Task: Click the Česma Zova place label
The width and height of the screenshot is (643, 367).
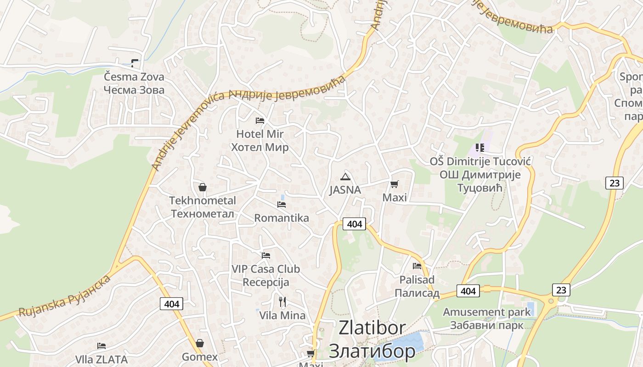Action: coord(134,83)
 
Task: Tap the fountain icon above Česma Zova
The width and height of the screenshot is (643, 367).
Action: coord(135,62)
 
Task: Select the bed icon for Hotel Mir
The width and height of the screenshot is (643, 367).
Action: coord(260,121)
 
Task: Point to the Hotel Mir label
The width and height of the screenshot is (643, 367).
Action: coord(260,140)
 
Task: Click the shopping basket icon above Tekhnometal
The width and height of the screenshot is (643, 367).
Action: coord(202,187)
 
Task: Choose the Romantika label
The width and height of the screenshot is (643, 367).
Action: coord(282,218)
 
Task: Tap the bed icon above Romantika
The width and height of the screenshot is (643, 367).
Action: coord(282,204)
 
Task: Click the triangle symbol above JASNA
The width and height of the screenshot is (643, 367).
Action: coord(345,177)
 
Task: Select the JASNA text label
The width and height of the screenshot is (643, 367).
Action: coord(345,190)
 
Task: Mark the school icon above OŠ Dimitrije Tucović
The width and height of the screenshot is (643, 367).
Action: coord(480,147)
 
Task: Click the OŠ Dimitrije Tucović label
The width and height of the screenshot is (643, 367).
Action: coord(480,174)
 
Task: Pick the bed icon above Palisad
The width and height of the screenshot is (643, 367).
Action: coord(417,266)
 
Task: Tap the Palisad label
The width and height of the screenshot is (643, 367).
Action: coord(417,286)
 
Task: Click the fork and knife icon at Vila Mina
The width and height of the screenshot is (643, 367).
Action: coord(282,301)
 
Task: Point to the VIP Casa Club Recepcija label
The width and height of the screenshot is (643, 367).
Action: coord(265,275)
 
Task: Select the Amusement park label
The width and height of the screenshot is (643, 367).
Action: coord(487,318)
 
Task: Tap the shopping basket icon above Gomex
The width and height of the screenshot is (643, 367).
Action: coord(200,343)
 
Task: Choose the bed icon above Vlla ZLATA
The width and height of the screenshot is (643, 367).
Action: coord(102,346)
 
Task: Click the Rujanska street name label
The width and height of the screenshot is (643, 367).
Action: coord(64,297)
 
